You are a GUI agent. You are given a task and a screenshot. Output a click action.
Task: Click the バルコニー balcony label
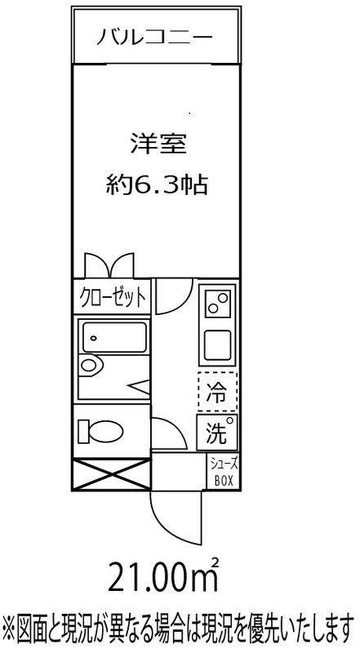154,38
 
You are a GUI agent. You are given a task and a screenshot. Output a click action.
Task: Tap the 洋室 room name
157,144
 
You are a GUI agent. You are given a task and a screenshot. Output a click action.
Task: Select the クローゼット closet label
113,297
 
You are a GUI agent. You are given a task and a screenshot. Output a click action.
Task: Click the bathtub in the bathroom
115,337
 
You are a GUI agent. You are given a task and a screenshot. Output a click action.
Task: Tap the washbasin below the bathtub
91,366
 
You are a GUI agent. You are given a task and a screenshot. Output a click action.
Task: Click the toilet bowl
101,431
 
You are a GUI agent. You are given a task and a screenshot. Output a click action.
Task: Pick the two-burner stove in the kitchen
217,303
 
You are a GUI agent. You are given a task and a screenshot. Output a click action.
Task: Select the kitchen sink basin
217,344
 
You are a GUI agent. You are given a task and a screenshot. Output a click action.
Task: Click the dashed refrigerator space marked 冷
217,392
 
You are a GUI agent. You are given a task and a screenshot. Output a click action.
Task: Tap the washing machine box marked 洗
217,433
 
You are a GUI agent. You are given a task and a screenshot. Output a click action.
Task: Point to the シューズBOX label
224,472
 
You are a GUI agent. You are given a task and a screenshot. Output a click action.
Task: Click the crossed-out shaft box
111,474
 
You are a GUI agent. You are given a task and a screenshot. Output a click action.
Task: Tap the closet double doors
109,264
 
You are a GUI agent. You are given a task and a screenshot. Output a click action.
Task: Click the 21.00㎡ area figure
163,576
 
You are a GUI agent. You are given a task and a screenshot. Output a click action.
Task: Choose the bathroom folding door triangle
139,387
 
